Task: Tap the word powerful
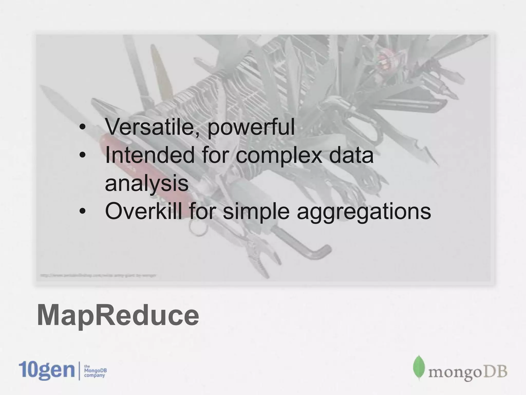coord(251,128)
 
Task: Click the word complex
coord(279,156)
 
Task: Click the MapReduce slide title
coord(118,315)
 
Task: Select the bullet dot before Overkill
coord(82,211)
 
